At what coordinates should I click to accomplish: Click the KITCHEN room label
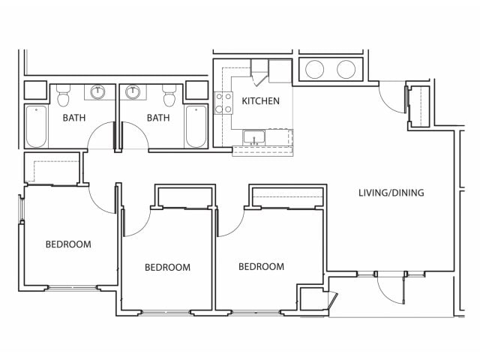[260, 101]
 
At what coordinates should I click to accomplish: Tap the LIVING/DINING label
[391, 193]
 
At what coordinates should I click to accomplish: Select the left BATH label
[74, 118]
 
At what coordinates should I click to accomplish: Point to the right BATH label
[158, 118]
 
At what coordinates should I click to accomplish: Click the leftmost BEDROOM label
[68, 244]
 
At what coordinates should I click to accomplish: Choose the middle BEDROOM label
[167, 268]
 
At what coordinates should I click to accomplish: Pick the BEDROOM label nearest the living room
[262, 267]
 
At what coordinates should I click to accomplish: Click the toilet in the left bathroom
[63, 95]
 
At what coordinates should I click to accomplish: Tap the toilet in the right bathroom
[169, 95]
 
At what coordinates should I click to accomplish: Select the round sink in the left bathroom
[97, 91]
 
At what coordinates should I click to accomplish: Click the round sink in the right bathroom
[133, 91]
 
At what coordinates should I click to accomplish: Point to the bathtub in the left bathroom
[37, 127]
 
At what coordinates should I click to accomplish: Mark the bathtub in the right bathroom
[196, 127]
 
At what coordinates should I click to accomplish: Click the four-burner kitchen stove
[223, 103]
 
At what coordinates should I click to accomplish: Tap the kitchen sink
[253, 137]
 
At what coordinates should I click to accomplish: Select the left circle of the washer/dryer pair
[314, 69]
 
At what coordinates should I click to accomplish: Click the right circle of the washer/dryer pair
[346, 69]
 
